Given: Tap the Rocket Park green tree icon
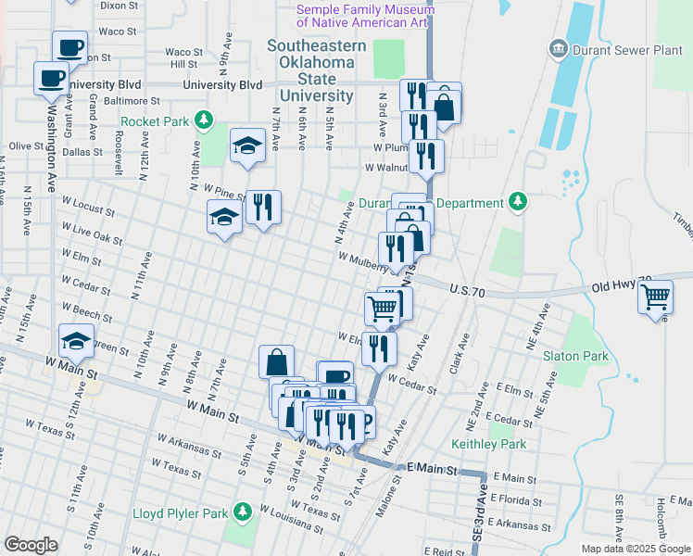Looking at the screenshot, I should click(205, 120).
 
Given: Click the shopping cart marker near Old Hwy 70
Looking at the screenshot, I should click(655, 297).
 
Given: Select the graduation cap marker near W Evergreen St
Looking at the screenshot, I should click(76, 340).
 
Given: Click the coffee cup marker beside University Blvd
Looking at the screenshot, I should click(51, 78).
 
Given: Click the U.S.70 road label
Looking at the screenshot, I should click(469, 290).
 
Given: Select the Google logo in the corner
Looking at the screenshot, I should click(31, 544).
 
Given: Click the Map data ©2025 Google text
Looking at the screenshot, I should click(636, 549).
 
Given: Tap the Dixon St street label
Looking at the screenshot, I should click(118, 5).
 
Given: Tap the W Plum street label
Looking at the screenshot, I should click(390, 147).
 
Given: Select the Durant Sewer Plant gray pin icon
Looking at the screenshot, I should click(559, 47).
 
